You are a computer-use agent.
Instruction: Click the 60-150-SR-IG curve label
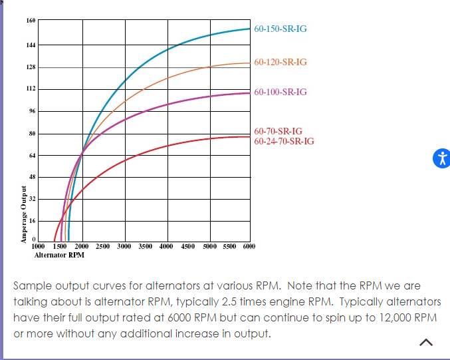point(280,29)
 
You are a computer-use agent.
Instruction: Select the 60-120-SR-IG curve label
point(280,62)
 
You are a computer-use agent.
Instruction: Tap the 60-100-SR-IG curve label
point(280,92)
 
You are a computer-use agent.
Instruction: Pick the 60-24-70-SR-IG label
point(284,141)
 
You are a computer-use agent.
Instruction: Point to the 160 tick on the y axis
point(31,21)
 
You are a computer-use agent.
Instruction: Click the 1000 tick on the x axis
point(39,246)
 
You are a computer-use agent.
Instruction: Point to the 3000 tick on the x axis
point(124,246)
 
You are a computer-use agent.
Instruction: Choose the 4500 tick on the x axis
point(188,246)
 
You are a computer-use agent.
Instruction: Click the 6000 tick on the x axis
point(249,246)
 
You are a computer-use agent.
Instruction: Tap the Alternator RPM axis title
point(59,255)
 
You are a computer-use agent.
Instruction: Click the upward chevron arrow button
point(427,342)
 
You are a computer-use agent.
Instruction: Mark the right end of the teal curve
point(249,29)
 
